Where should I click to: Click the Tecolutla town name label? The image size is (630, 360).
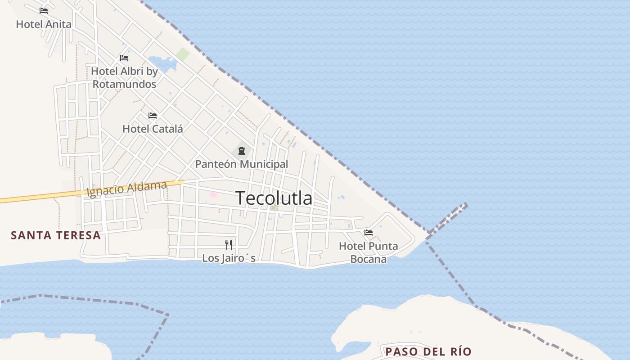coord(274,198)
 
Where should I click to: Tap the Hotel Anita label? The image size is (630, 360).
coord(44,24)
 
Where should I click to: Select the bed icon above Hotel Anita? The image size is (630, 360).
coord(44,11)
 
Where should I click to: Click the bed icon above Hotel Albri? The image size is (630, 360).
coord(124,58)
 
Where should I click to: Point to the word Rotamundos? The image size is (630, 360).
coord(124,84)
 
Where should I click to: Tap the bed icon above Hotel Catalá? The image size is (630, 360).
coord(153,116)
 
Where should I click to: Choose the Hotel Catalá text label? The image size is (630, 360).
coord(153,129)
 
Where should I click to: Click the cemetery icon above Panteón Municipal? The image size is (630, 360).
coord(242,150)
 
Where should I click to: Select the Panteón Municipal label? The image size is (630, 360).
coord(242,164)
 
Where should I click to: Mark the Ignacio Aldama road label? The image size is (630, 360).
coord(126,189)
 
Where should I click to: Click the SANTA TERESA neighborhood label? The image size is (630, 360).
coord(56,235)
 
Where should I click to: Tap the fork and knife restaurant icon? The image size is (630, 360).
coord(229,245)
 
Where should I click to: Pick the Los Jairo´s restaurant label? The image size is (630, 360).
coord(229,258)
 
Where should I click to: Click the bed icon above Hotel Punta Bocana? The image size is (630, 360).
coord(369,233)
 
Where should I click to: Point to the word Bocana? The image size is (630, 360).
coord(368,260)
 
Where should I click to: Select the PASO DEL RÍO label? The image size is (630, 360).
coord(428,351)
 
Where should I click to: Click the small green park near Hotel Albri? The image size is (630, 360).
coord(183,54)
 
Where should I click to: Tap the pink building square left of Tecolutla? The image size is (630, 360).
coord(213,194)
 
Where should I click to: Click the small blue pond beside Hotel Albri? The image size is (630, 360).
coord(162,63)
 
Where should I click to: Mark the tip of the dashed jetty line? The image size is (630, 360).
coord(465,205)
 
